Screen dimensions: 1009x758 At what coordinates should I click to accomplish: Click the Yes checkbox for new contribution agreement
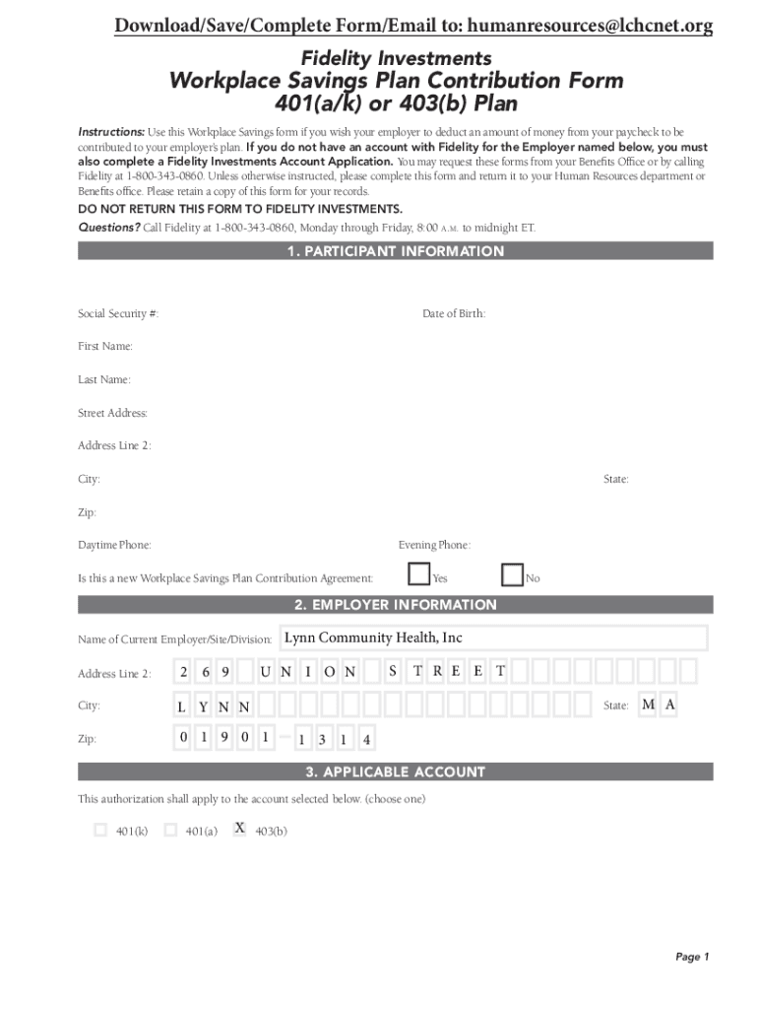point(419,574)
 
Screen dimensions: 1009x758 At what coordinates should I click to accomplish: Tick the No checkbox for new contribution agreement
point(512,574)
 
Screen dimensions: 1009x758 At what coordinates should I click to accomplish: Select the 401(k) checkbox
point(100,831)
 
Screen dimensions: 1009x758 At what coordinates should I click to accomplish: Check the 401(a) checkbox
point(170,831)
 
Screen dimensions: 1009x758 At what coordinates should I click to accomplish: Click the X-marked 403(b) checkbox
point(239,830)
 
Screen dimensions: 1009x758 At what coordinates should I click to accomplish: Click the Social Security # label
point(118,313)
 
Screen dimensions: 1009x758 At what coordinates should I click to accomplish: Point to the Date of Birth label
point(454,313)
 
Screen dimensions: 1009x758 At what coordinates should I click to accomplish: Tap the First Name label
point(105,347)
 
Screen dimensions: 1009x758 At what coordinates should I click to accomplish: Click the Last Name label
point(104,379)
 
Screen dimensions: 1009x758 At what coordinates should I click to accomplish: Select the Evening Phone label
point(434,545)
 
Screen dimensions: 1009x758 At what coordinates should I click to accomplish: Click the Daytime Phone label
point(114,545)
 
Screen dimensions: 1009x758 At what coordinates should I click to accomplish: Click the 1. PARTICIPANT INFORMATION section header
point(395,251)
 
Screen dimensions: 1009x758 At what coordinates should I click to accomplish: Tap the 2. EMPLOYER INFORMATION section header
point(395,605)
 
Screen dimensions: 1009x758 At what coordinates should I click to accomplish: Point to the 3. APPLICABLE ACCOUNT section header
point(395,772)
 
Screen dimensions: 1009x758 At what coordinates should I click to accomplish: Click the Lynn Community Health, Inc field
point(492,639)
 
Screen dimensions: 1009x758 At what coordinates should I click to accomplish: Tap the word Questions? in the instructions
point(109,228)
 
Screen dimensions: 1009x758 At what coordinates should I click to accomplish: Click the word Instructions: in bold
point(111,132)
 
